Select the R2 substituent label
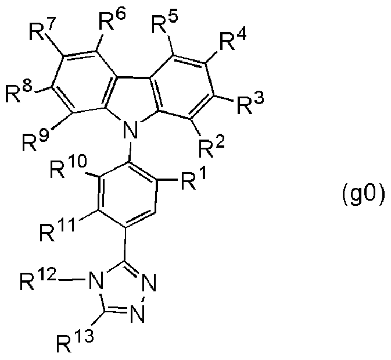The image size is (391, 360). click(x=211, y=147)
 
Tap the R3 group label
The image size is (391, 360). click(x=250, y=103)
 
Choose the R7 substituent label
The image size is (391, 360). click(x=41, y=29)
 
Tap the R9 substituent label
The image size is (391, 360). click(x=35, y=141)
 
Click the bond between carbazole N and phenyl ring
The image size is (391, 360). click(x=130, y=151)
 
